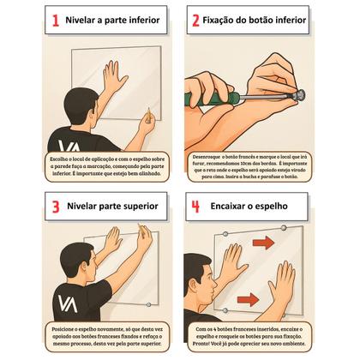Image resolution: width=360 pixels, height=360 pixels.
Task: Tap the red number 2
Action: pos(195,21)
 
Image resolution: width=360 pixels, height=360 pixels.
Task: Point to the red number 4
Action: pos(195,207)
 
